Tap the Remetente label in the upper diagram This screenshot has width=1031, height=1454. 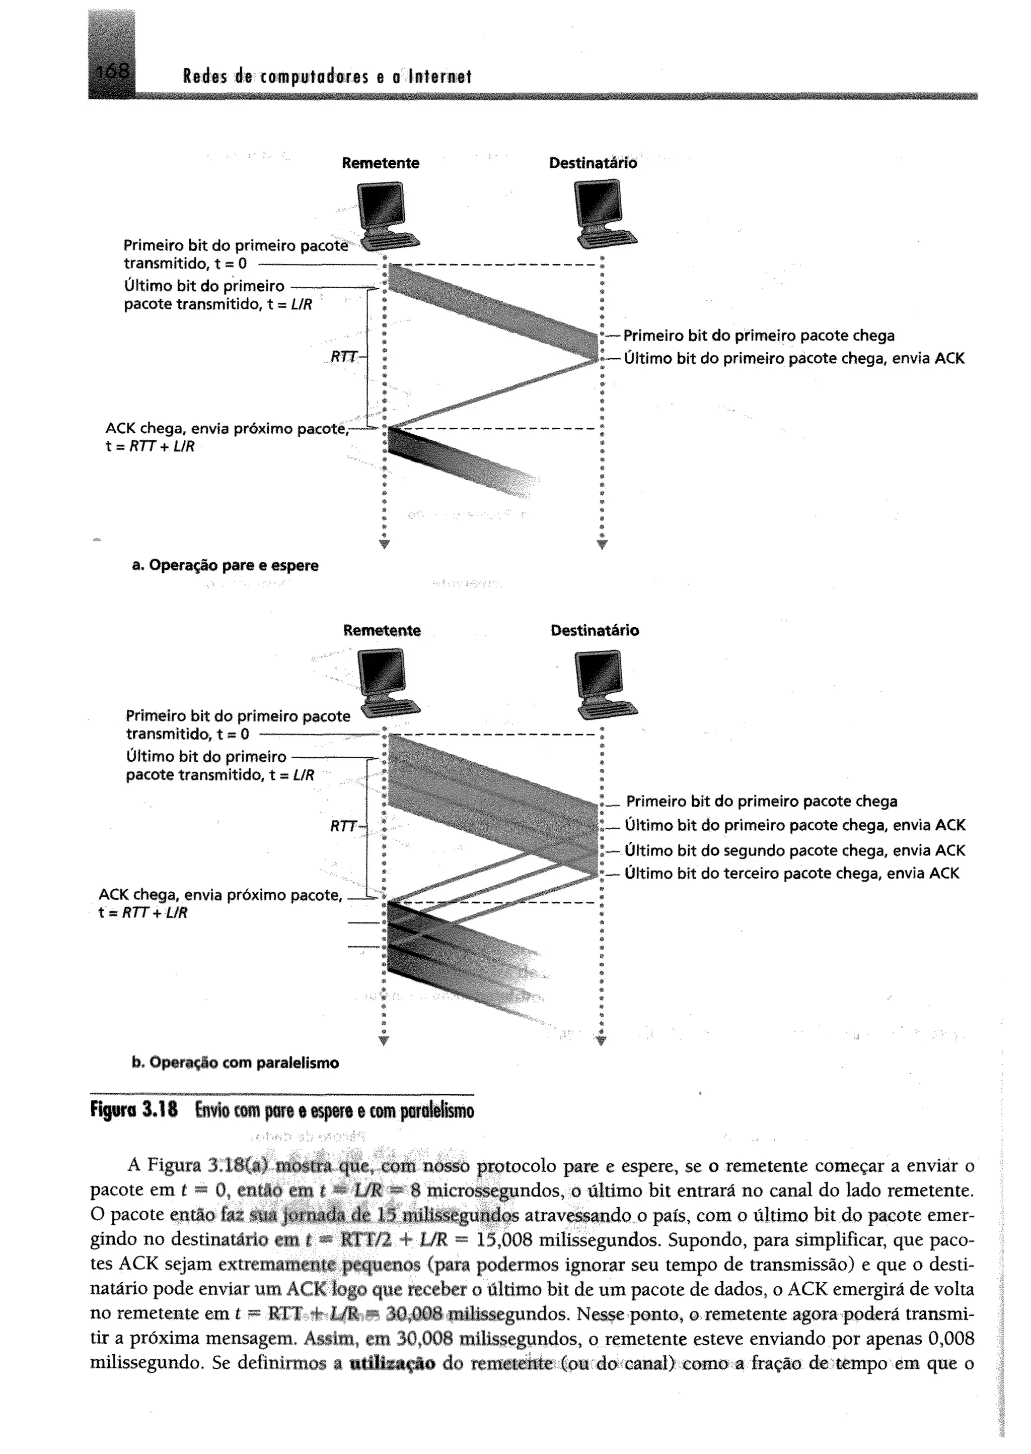pos(380,163)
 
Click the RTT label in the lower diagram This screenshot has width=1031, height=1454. pos(343,826)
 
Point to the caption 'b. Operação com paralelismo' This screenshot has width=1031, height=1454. pos(236,1063)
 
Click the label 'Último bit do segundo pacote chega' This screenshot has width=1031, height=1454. pos(795,850)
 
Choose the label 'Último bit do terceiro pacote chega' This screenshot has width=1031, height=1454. pos(792,874)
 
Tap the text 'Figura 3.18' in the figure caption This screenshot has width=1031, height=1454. pos(134,1110)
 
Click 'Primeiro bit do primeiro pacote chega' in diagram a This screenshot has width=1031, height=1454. pos(759,336)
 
